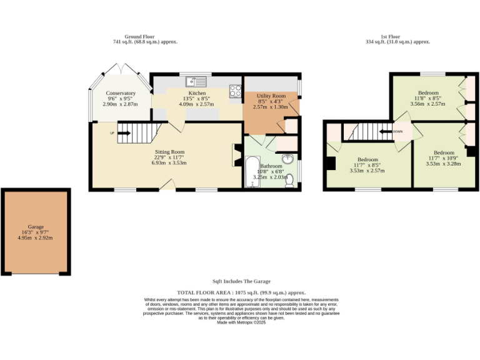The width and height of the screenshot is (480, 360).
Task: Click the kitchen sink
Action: (x=196, y=81)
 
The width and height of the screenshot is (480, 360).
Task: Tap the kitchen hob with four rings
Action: (x=236, y=91)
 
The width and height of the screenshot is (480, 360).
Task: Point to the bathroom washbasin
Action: (x=286, y=159)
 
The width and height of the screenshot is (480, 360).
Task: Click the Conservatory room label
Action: (x=120, y=93)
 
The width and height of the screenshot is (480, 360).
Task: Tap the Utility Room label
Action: (x=271, y=96)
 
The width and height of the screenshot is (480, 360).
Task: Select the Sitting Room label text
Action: (x=170, y=152)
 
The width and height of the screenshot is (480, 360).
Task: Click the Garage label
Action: (x=36, y=227)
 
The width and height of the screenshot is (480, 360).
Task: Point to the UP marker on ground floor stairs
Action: (x=112, y=133)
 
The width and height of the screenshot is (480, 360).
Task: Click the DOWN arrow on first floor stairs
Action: (x=395, y=132)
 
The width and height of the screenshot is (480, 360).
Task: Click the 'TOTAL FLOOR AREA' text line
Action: (x=241, y=292)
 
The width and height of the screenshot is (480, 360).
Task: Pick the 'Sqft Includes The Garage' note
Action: (x=241, y=281)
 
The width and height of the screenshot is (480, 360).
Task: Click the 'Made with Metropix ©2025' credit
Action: (x=241, y=322)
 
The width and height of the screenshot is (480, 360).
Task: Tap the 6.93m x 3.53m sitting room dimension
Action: (x=170, y=163)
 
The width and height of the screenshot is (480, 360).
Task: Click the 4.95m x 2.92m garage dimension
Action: (x=36, y=237)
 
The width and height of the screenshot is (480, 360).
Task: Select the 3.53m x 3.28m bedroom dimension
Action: (x=444, y=164)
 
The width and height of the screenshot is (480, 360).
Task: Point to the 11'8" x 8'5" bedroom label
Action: (x=428, y=98)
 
